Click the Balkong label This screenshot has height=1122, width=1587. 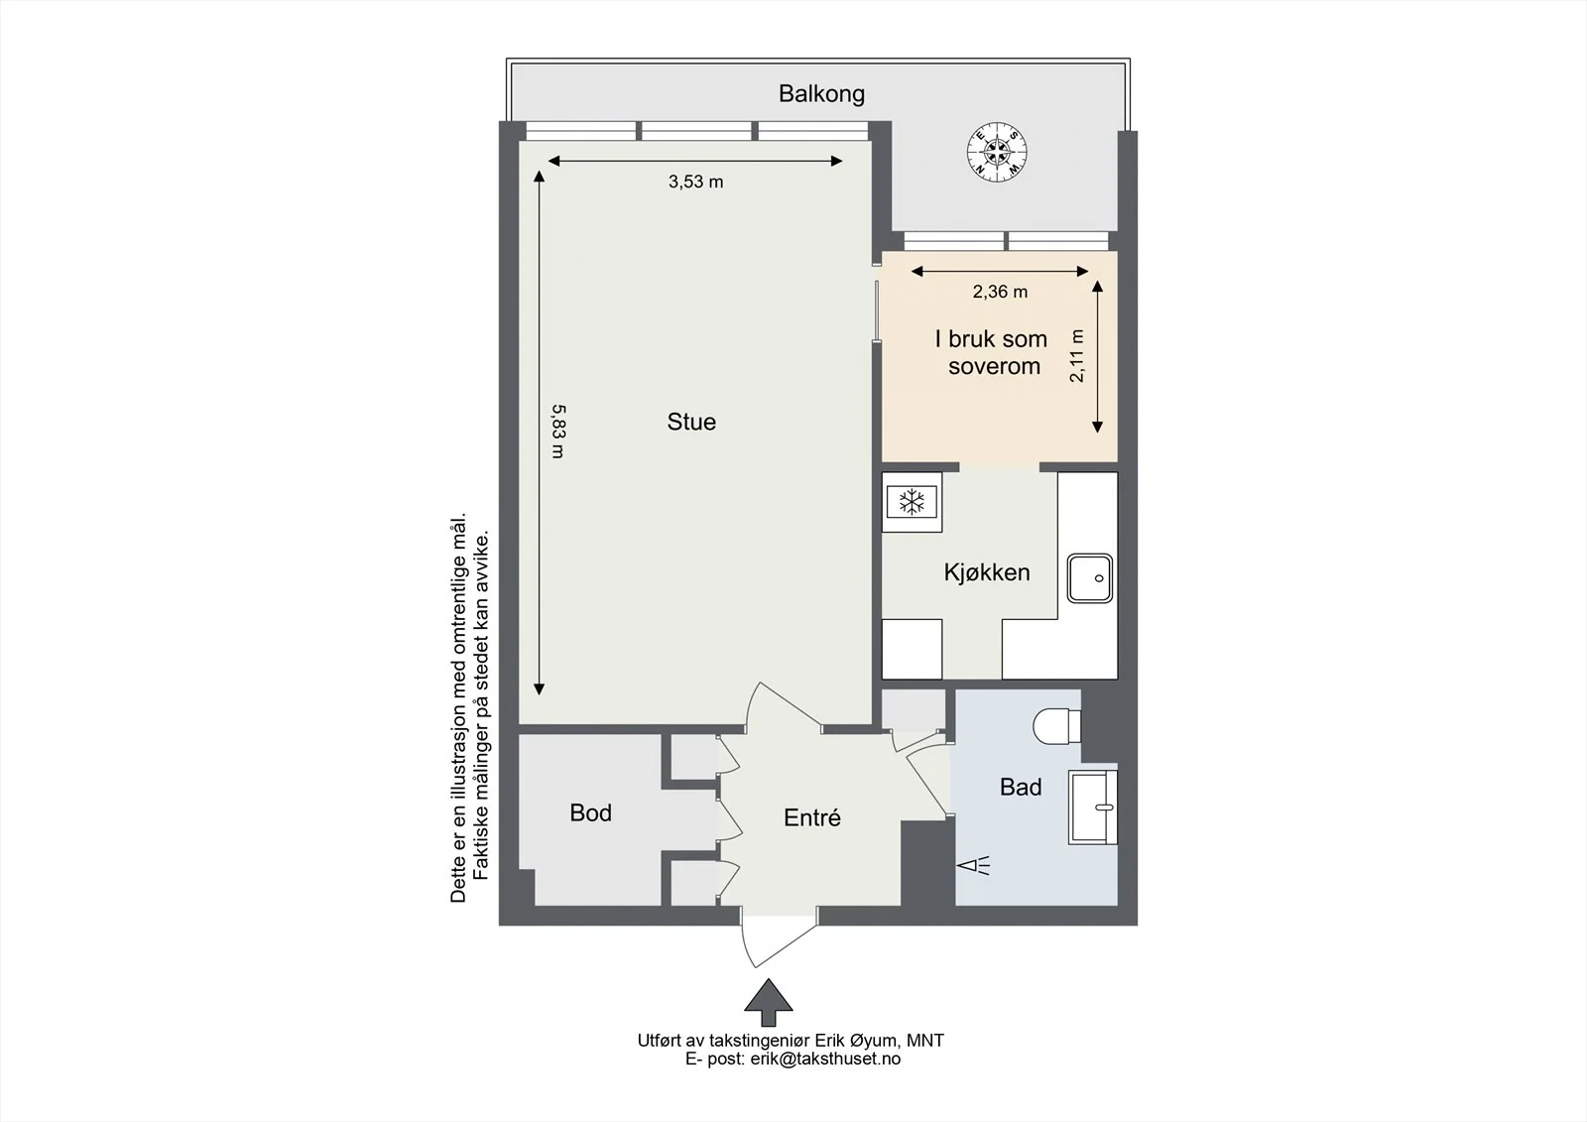(x=821, y=94)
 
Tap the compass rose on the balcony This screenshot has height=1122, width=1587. (x=998, y=152)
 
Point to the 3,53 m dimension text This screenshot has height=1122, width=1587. (x=695, y=183)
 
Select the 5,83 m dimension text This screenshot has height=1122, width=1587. (x=558, y=431)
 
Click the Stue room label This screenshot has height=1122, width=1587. (x=691, y=422)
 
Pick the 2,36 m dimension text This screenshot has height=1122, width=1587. (x=1000, y=292)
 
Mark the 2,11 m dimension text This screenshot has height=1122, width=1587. (x=1077, y=356)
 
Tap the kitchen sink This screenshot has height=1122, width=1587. (x=1090, y=578)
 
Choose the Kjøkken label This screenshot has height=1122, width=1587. (x=986, y=572)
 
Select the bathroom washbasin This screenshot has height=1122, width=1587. (x=1093, y=808)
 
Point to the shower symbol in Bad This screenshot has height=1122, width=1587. (x=973, y=865)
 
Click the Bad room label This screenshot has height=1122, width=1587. (x=1021, y=787)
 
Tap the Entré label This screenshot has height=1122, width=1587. (x=812, y=817)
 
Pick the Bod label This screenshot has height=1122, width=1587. (x=590, y=812)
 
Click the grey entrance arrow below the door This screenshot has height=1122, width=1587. (x=768, y=1002)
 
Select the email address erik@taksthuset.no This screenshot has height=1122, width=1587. (x=825, y=1059)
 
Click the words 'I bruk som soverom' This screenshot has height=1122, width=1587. (x=992, y=352)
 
